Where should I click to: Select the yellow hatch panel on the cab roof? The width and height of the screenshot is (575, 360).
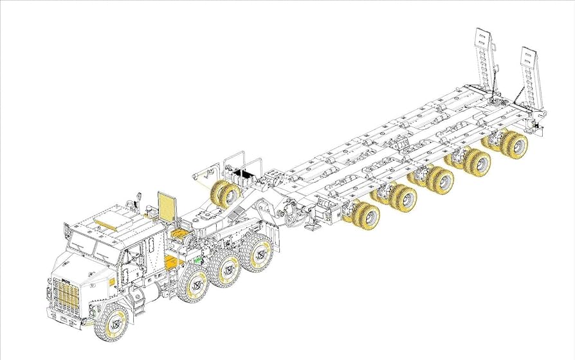(107, 219)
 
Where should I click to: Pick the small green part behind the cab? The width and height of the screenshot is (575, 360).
(197, 260)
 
